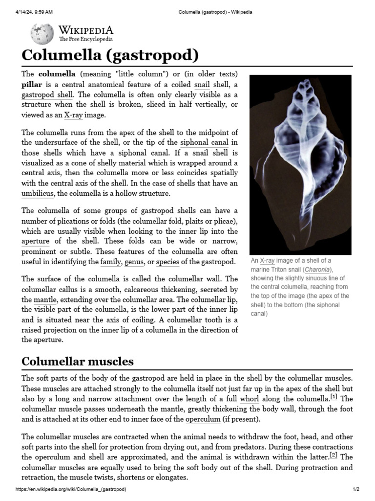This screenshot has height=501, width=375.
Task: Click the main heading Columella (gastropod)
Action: pyautogui.click(x=110, y=55)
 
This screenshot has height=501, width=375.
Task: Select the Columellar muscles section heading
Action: pyautogui.click(x=78, y=362)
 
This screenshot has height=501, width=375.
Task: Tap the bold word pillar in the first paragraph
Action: pyautogui.click(x=32, y=84)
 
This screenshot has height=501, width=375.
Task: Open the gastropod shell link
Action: pyautogui.click(x=47, y=94)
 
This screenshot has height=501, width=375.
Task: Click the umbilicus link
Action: pyautogui.click(x=38, y=194)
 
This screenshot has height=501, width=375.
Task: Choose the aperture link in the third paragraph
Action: pyautogui.click(x=35, y=242)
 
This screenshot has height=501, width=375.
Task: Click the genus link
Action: pyautogui.click(x=134, y=262)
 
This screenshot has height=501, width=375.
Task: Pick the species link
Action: pyautogui.click(x=167, y=262)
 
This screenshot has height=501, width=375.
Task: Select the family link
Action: pyautogui.click(x=110, y=262)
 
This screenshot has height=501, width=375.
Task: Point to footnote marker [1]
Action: pyautogui.click(x=333, y=397)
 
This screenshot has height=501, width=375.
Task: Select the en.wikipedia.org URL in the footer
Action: pyautogui.click(x=71, y=490)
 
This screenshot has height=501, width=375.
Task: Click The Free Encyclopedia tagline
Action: pyautogui.click(x=86, y=39)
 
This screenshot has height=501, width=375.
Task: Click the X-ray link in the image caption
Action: pyautogui.click(x=268, y=261)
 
